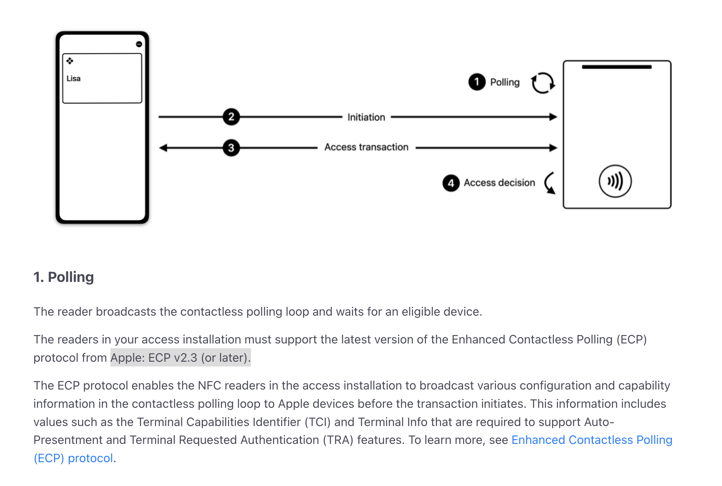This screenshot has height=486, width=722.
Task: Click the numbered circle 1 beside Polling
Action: click(477, 82)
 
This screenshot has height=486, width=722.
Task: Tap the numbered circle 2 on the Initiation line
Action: click(231, 117)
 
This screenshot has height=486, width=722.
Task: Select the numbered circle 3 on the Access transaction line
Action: click(231, 148)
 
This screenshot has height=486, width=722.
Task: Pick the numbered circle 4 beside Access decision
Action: click(451, 183)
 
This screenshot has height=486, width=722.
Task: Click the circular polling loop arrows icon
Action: click(542, 83)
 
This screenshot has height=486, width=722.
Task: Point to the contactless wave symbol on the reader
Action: click(615, 181)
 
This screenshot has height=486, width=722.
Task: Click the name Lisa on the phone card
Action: click(73, 79)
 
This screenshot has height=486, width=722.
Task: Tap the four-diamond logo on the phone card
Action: click(70, 61)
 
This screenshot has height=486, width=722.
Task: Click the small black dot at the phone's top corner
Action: click(139, 44)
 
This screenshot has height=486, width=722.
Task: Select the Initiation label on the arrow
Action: click(366, 117)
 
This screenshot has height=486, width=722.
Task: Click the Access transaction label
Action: click(366, 147)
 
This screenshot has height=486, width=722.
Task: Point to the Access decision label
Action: click(499, 183)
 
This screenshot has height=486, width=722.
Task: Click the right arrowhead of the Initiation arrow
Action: click(553, 117)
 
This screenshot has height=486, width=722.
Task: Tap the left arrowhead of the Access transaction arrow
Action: click(163, 148)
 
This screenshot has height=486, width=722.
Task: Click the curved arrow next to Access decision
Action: click(550, 183)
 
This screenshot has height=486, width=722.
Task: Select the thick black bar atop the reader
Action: click(616, 67)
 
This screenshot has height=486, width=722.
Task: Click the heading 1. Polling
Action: click(64, 277)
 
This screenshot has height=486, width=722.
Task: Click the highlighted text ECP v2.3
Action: click(172, 358)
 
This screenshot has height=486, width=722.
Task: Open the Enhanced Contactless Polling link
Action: click(591, 440)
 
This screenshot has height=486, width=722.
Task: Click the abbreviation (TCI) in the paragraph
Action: click(317, 422)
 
